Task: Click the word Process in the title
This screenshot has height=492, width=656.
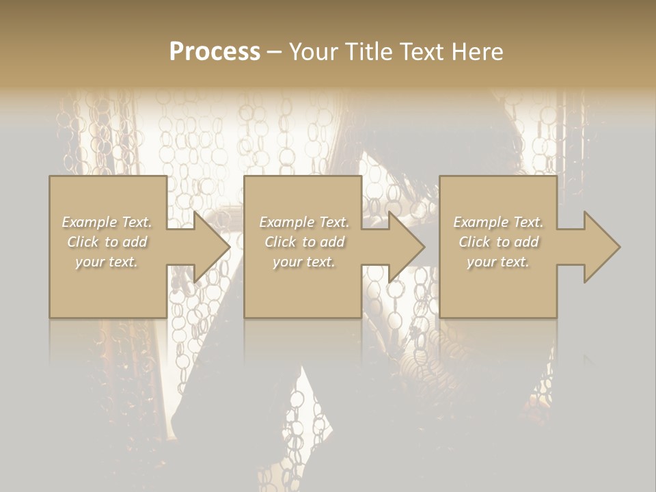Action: tap(215, 52)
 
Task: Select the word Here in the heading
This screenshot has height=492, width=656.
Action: tap(476, 52)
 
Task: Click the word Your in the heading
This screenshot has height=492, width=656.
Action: tap(312, 52)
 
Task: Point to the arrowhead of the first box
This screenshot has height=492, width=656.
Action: tap(208, 247)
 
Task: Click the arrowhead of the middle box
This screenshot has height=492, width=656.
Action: tap(404, 247)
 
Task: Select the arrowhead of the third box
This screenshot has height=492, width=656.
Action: tap(599, 247)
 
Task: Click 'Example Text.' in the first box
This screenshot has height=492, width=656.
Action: tap(107, 222)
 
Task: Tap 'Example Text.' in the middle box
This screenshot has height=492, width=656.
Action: tap(304, 222)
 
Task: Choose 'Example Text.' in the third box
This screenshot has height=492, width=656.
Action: tap(498, 222)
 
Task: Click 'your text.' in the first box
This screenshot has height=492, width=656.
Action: tap(107, 262)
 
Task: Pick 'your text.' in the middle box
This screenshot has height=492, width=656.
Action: tap(304, 262)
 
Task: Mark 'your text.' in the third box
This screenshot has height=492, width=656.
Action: tap(498, 262)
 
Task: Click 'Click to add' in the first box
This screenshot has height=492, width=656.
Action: tap(107, 242)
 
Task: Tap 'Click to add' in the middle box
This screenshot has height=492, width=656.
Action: tap(304, 242)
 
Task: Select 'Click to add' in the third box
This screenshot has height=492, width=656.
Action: tap(498, 242)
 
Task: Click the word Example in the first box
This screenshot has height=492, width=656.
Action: tap(89, 222)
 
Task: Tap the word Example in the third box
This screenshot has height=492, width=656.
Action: tap(480, 222)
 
